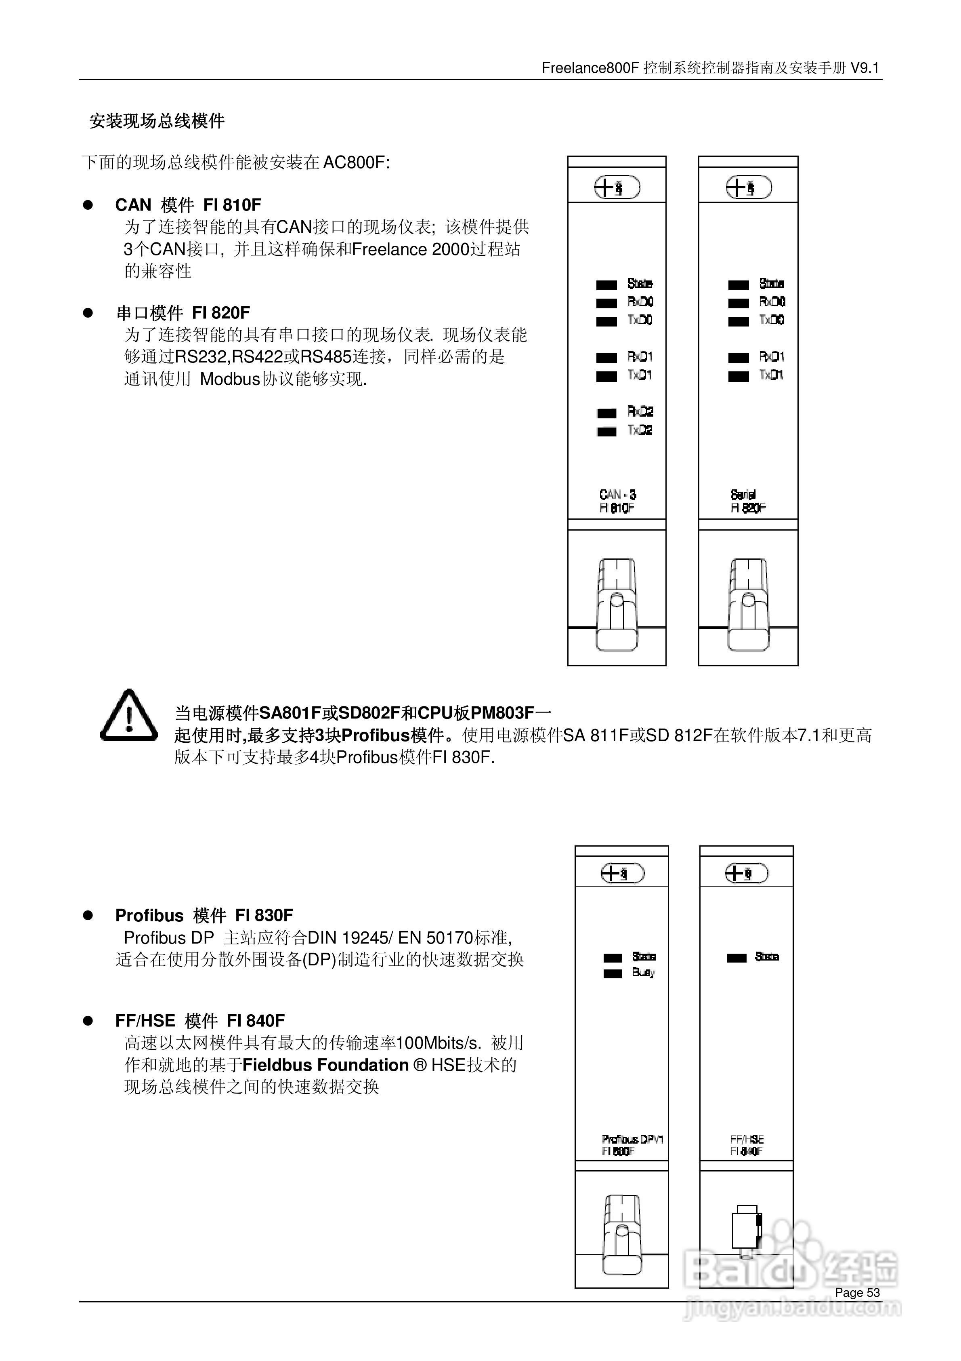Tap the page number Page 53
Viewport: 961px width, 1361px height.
click(x=857, y=1293)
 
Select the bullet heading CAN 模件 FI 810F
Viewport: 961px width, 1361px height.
click(x=188, y=205)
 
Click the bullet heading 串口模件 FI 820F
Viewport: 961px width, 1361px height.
click(x=183, y=313)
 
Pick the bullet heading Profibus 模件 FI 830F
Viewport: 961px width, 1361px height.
click(x=204, y=915)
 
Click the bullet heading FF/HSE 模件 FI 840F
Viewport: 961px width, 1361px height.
click(x=199, y=1021)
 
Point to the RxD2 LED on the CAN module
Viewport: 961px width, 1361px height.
click(x=607, y=413)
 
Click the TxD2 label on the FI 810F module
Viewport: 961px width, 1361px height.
click(x=640, y=430)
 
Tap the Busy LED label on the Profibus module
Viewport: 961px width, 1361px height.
click(x=643, y=973)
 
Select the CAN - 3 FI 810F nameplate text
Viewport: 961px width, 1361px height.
click(x=617, y=501)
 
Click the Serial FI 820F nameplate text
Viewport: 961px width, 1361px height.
click(x=748, y=501)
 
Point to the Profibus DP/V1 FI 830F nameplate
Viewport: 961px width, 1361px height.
click(x=632, y=1145)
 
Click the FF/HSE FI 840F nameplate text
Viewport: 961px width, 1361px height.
click(x=747, y=1145)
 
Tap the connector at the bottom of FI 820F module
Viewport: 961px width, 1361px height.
click(x=748, y=605)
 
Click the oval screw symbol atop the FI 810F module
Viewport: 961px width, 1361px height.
click(x=617, y=188)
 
